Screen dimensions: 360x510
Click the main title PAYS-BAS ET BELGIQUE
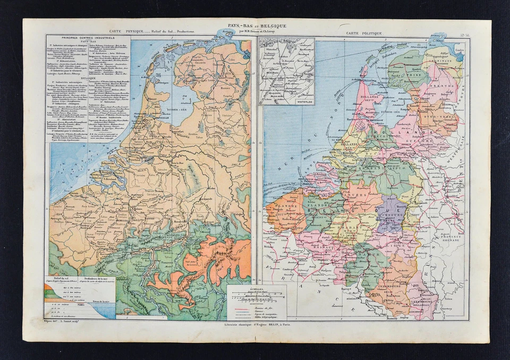click(x=257, y=26)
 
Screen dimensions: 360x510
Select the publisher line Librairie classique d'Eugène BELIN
click(x=257, y=324)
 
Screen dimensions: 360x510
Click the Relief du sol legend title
click(x=58, y=279)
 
